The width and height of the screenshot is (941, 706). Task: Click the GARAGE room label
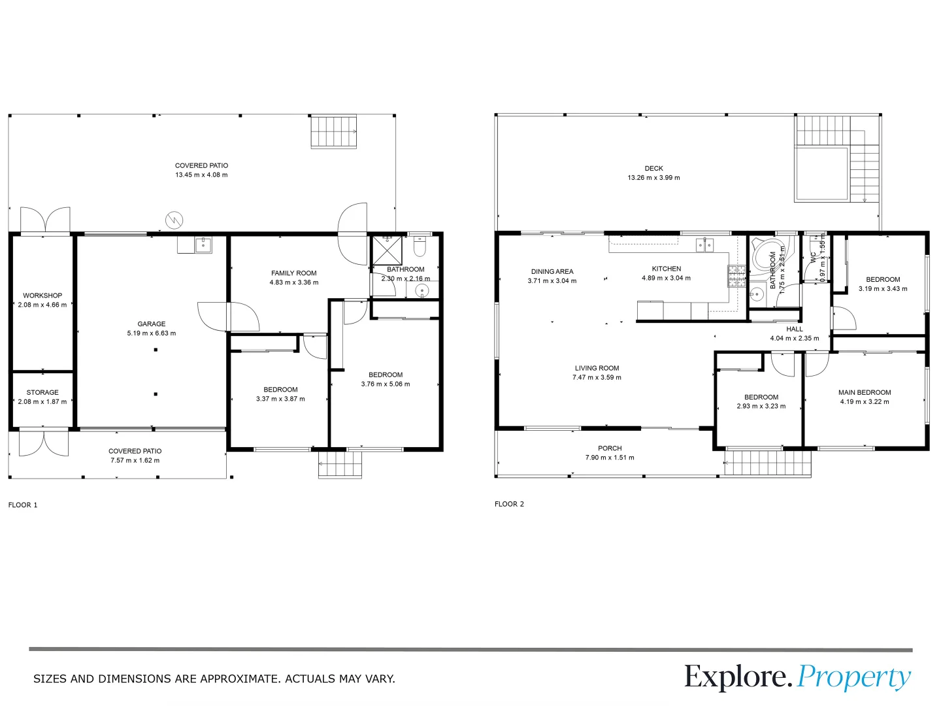click(x=152, y=324)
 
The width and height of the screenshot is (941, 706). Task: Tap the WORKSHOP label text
click(x=42, y=295)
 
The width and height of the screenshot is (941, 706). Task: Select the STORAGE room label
click(x=42, y=392)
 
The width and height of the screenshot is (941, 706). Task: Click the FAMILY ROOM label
click(x=294, y=273)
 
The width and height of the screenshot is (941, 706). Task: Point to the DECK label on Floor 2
click(x=653, y=169)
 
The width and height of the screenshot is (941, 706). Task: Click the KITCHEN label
click(x=666, y=269)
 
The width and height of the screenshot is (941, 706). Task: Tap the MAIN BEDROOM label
click(x=865, y=392)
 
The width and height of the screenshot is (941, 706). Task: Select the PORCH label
click(x=610, y=448)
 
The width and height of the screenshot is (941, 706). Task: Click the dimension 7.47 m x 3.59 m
click(x=597, y=377)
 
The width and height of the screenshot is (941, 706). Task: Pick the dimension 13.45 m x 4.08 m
click(x=201, y=175)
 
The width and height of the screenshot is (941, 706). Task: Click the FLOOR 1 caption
click(x=23, y=505)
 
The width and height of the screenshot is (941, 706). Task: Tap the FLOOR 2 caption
click(x=509, y=504)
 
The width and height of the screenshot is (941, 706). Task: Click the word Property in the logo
click(x=853, y=677)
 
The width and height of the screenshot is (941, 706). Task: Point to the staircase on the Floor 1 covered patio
click(x=334, y=131)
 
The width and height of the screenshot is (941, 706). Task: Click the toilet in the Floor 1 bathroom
click(x=420, y=247)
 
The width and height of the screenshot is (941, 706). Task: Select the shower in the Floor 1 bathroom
click(x=386, y=250)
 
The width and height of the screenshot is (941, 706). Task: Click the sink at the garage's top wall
click(x=203, y=245)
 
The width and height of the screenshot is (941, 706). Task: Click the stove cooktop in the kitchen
click(x=736, y=277)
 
